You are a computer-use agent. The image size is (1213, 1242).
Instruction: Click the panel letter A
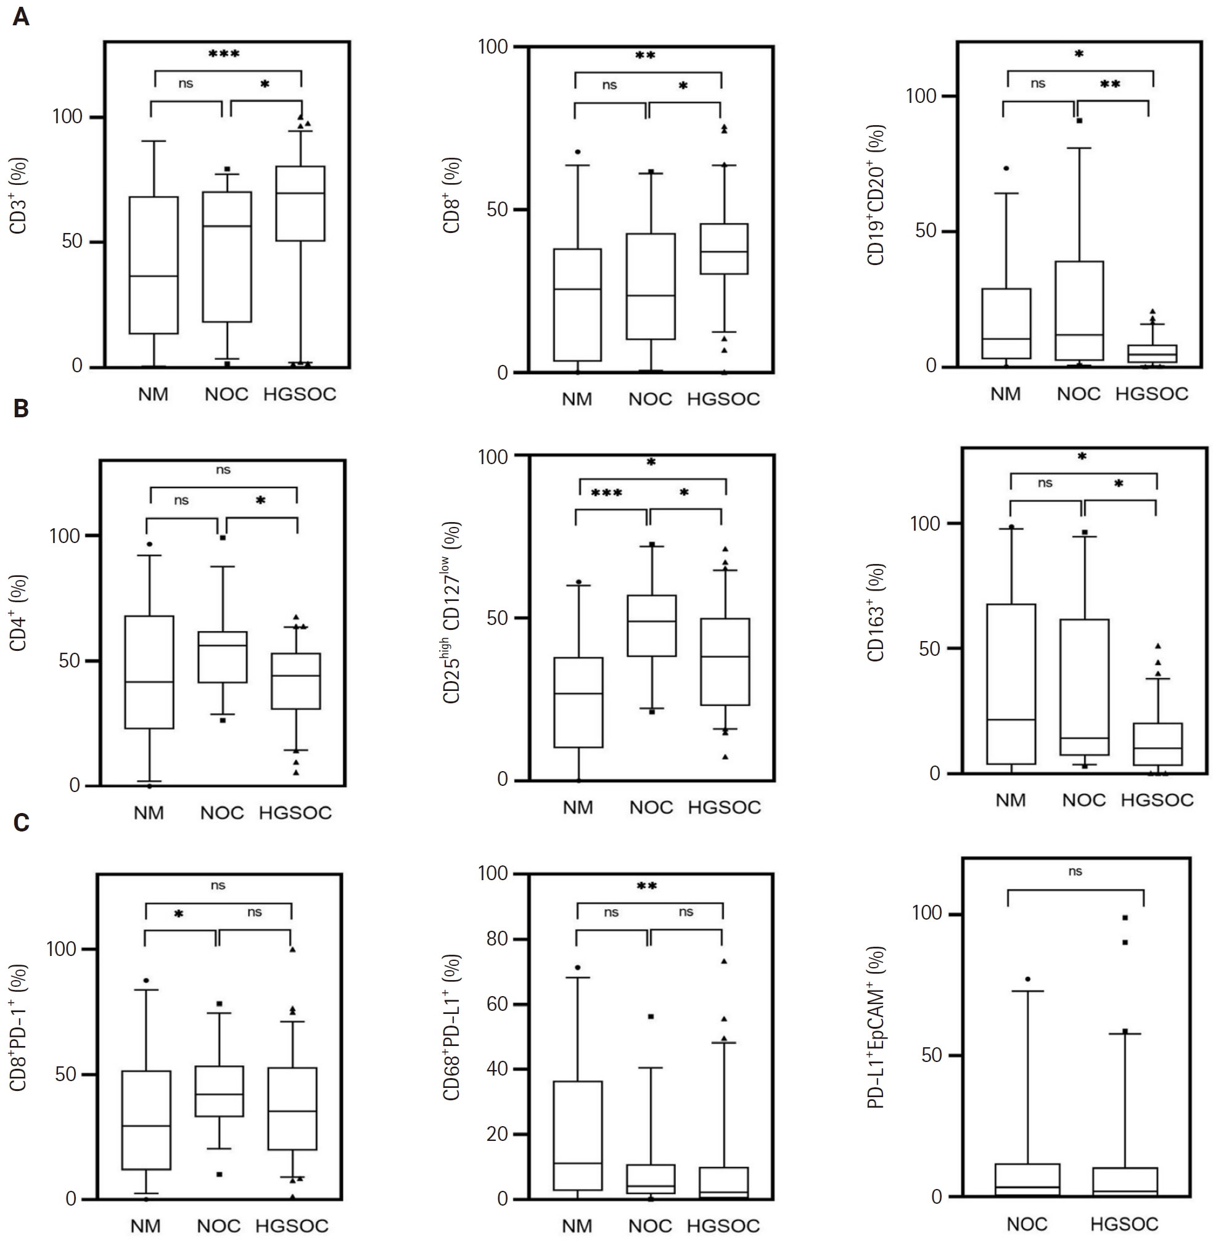tap(20, 17)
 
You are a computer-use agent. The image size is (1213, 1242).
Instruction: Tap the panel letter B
tap(20, 408)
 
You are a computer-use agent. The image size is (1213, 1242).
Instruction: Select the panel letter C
tap(21, 822)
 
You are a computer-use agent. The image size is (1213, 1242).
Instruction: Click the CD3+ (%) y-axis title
tap(19, 196)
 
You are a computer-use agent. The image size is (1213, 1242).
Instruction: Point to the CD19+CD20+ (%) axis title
tap(876, 195)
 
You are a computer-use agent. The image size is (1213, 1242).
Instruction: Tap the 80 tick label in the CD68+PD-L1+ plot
tap(496, 939)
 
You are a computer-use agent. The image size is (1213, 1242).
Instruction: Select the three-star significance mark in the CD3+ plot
tap(224, 54)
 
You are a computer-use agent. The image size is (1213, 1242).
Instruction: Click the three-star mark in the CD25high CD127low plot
tap(607, 493)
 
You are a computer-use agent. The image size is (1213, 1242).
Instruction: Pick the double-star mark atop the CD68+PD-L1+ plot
tap(647, 886)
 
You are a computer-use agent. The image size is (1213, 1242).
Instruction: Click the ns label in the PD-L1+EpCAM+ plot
tap(1075, 872)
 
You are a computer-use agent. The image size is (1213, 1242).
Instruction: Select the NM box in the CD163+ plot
tap(1011, 684)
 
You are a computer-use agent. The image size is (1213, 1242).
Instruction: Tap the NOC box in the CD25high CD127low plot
tap(652, 626)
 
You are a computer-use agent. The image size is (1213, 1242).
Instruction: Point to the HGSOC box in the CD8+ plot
tap(724, 248)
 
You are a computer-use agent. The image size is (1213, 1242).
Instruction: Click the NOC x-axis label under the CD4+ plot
tap(222, 813)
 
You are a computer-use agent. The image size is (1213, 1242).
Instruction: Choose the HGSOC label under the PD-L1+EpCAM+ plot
tap(1124, 1224)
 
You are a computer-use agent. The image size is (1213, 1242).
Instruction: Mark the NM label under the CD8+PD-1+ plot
tap(146, 1225)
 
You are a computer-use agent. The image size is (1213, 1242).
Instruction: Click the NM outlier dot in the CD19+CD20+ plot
tap(1006, 169)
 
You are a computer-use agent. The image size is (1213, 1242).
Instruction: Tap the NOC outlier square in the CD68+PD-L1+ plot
tap(651, 1016)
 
